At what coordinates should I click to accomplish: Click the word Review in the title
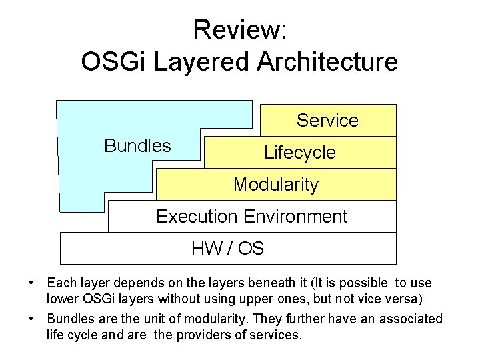coord(236,30)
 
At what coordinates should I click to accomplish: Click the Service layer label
coord(327,121)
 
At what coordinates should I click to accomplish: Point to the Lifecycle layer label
coord(300,153)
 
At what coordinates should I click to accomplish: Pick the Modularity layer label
coord(276,185)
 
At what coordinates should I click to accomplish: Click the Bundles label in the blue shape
coord(137,146)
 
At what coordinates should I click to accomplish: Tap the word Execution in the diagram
coord(197,217)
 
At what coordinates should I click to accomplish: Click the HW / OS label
coord(227,249)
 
